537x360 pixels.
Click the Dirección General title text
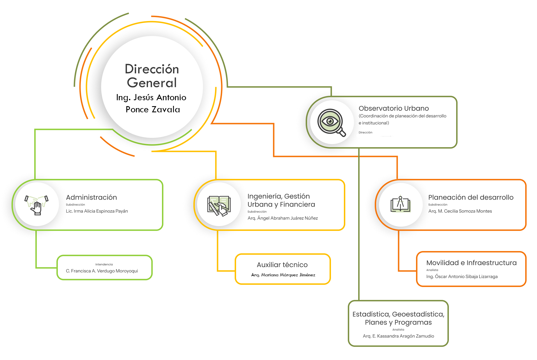(x=152, y=76)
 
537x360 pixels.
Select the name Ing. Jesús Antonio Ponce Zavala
(x=152, y=103)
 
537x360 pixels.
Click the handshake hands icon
(x=37, y=204)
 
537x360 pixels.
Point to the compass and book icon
(x=401, y=204)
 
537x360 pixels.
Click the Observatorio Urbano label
(x=394, y=108)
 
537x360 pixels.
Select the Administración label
(x=93, y=197)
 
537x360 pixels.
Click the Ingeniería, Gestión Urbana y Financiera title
(x=282, y=200)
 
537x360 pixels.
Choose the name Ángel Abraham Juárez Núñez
(x=284, y=218)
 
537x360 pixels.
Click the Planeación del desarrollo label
(x=472, y=197)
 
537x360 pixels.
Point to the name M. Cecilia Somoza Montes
(x=463, y=211)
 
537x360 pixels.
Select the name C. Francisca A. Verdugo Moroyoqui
(x=102, y=271)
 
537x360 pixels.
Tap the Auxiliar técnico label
(x=282, y=265)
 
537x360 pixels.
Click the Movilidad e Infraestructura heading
(x=471, y=263)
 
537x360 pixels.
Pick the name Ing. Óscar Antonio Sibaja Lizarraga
(x=462, y=277)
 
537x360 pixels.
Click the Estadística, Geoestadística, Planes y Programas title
(x=398, y=318)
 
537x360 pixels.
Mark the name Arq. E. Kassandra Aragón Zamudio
(x=398, y=336)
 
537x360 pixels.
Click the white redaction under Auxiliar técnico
(x=282, y=275)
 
